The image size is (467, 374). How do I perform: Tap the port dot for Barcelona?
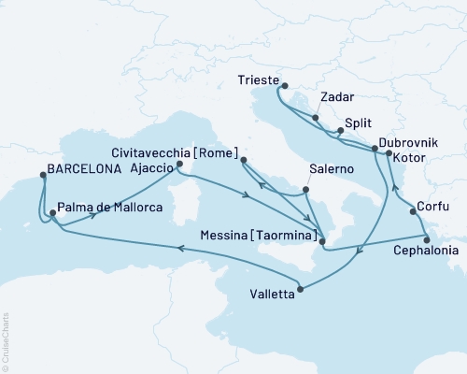coord(42,172)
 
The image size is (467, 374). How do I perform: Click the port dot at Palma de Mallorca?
coord(52,214)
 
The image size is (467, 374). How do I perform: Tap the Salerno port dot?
coord(305,192)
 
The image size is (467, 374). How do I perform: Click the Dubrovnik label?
coord(406,141)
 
